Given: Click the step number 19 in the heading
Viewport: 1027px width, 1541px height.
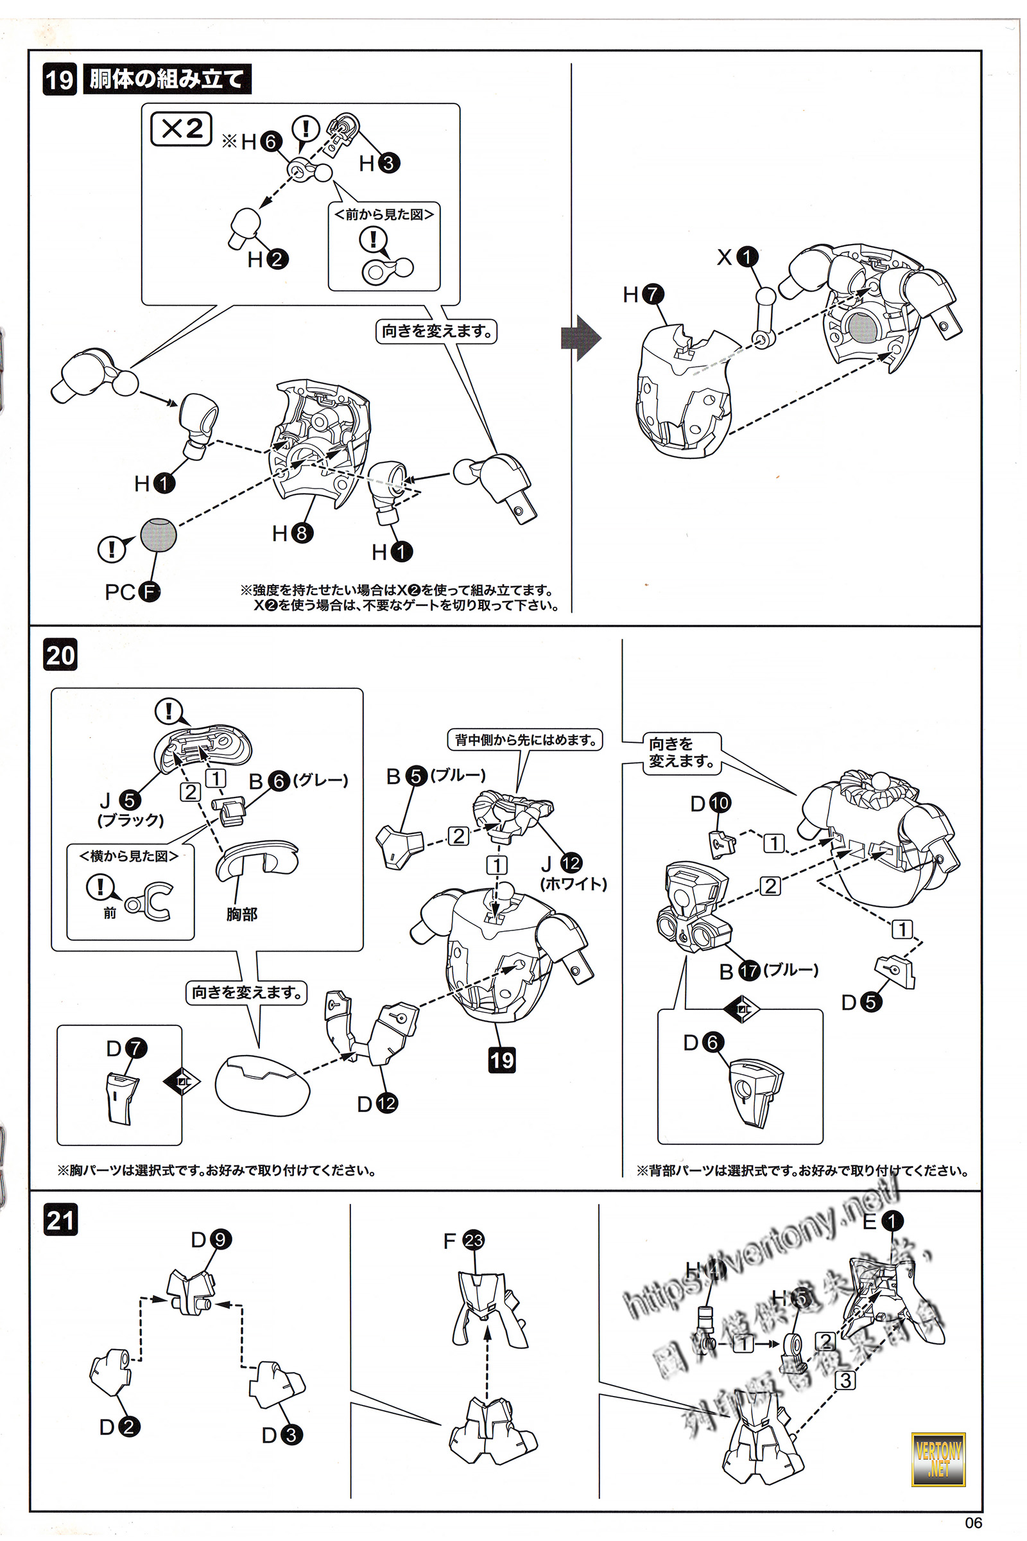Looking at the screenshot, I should point(60,80).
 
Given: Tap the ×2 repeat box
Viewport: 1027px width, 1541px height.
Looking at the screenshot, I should point(182,128).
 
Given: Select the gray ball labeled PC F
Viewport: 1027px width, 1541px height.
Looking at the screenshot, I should point(159,534).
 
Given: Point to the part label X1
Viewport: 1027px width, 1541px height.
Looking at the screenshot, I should point(737,257).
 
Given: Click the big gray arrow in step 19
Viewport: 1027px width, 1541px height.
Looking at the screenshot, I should point(581,338).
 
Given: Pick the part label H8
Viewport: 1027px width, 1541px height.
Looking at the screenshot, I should point(292,534).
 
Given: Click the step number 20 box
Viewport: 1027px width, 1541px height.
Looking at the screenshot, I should point(60,654).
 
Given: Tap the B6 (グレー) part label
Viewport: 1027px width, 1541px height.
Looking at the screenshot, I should point(298,781).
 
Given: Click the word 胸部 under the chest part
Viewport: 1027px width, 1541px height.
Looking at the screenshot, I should point(242,914).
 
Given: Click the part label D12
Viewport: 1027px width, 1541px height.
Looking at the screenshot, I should point(377,1104).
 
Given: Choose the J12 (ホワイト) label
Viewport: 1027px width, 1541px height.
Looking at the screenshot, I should point(571,871).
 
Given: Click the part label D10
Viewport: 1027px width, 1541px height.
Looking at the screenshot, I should point(710,803).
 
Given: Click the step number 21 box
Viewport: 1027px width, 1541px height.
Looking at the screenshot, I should point(61,1220).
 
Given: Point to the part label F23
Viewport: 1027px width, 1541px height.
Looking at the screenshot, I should point(463,1241).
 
